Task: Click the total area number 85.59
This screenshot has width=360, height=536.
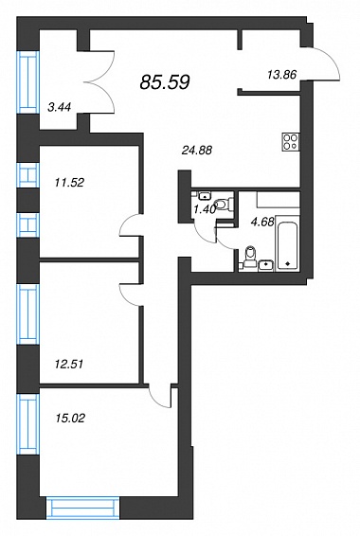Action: point(165,82)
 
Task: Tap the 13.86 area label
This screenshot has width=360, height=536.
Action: point(281,75)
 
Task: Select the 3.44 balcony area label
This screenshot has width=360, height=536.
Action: point(60,107)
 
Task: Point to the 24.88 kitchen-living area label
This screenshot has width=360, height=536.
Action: point(197,150)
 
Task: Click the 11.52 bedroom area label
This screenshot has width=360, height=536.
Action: point(69,183)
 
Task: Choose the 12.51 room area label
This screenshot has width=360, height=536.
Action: point(69,364)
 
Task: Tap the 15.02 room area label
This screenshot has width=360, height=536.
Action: point(70,418)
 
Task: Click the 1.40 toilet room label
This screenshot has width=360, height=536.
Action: point(204,209)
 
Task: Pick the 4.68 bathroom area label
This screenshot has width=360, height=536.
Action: point(262,223)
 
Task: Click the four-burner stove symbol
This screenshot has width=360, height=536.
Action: point(291,141)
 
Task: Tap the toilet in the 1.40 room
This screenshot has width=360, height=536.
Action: point(224,205)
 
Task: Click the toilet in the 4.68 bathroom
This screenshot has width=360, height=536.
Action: point(251,257)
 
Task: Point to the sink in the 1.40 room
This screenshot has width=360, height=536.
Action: point(204,196)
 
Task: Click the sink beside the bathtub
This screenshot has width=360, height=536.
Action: point(266,265)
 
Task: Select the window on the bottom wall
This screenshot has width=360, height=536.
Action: point(83,508)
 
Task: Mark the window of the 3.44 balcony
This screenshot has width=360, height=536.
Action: point(27,82)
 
